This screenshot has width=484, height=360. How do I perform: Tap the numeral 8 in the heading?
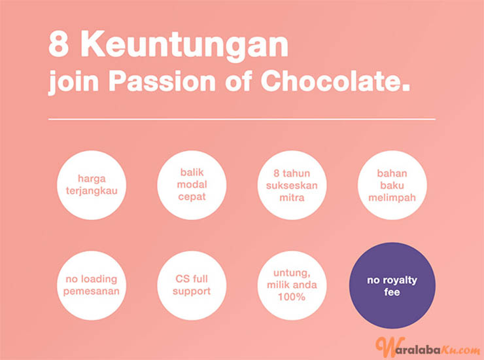coord(58,44)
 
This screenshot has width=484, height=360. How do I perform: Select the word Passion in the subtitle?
coord(162,81)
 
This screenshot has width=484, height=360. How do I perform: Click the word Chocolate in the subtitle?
coord(336,81)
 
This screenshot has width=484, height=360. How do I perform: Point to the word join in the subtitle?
coord(73,83)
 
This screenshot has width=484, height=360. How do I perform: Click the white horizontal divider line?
coord(242,119)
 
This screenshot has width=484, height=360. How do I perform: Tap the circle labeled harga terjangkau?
coord(92,185)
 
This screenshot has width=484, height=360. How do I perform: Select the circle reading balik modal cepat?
coord(192,185)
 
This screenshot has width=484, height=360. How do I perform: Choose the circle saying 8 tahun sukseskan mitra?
coord(292,185)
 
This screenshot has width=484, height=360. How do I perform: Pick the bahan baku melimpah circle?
coord(392,185)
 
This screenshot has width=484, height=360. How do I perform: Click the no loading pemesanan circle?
coord(92,285)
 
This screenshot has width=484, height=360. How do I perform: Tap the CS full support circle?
coord(192,285)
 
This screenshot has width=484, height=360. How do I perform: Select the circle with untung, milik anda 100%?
coord(292,285)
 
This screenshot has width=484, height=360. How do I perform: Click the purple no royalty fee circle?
coord(392,285)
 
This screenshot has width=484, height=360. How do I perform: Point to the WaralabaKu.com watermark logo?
coord(428,347)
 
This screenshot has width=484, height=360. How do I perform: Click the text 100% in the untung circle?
coord(292,297)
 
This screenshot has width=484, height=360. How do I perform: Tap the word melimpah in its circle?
coord(392,198)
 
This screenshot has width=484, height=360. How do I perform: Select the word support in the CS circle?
coord(192,292)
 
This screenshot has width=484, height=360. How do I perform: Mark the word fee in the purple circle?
coord(392,292)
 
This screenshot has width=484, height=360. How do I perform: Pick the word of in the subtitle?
coord(239,81)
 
